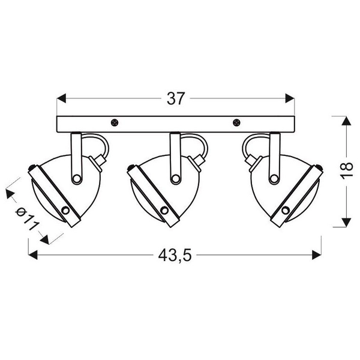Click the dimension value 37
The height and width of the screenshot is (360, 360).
(176, 99)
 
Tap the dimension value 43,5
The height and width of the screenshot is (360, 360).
(175, 255)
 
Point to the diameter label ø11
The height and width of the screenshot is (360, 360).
(27, 219)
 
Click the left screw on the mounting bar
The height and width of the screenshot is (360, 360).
(115, 123)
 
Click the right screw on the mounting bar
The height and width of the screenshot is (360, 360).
(236, 123)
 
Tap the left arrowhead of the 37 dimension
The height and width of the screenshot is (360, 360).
(61, 98)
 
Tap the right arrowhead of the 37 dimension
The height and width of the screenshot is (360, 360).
(290, 98)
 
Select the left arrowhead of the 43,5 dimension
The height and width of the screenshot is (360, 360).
(33, 255)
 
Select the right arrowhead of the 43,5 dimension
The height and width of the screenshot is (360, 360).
(317, 255)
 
